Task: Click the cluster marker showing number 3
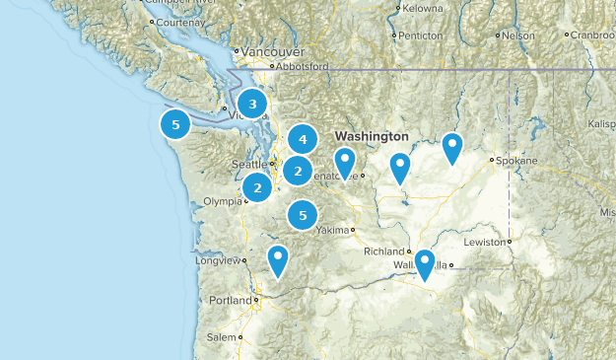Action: tap(253, 104)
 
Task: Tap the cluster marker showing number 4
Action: tap(303, 140)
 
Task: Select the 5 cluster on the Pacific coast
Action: tap(175, 124)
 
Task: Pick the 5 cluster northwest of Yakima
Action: tap(304, 214)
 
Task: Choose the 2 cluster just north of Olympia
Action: tap(257, 187)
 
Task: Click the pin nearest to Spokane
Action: tap(451, 147)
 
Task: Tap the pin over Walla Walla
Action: tap(425, 263)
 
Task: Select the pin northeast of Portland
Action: tap(279, 259)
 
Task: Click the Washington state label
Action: tap(371, 135)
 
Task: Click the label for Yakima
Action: tap(334, 230)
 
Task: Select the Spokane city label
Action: tap(518, 160)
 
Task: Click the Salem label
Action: tap(223, 337)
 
